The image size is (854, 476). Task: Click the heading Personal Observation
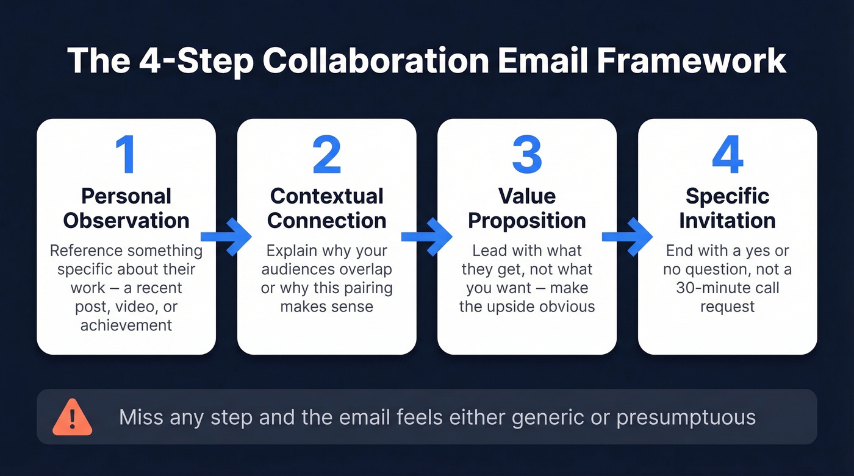tap(126, 208)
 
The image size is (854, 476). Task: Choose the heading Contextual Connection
tap(327, 208)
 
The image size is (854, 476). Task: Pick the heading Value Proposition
tap(527, 208)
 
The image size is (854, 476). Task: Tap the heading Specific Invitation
tap(727, 208)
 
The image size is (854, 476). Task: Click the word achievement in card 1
tap(126, 325)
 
